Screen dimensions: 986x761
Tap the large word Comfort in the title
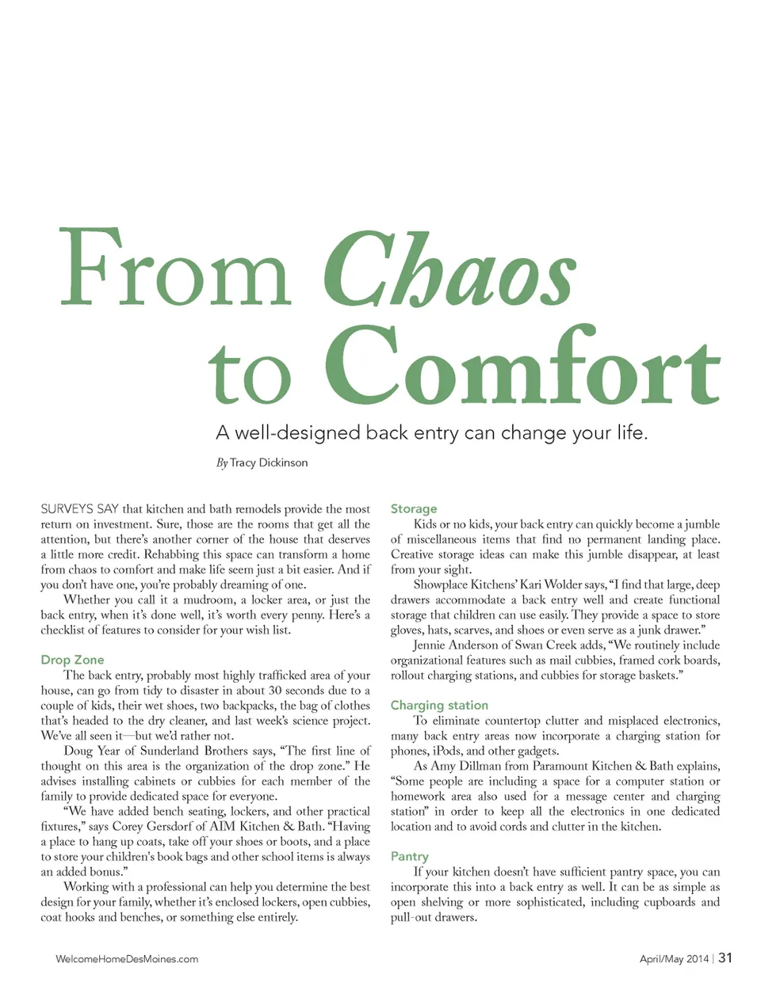click(x=522, y=367)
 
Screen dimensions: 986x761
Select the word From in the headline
click(x=176, y=269)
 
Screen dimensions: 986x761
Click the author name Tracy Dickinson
click(x=269, y=463)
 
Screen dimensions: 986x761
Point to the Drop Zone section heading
click(x=72, y=660)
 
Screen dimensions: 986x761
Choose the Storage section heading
click(x=414, y=508)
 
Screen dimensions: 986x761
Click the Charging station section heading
click(x=439, y=705)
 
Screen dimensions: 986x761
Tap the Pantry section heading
click(x=409, y=856)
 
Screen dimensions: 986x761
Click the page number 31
click(x=725, y=957)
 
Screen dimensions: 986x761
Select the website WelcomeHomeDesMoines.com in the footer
click(x=127, y=959)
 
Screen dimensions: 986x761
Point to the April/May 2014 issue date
click(x=674, y=959)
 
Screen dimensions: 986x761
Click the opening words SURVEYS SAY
click(x=79, y=509)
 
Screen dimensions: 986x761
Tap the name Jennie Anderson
click(x=456, y=645)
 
